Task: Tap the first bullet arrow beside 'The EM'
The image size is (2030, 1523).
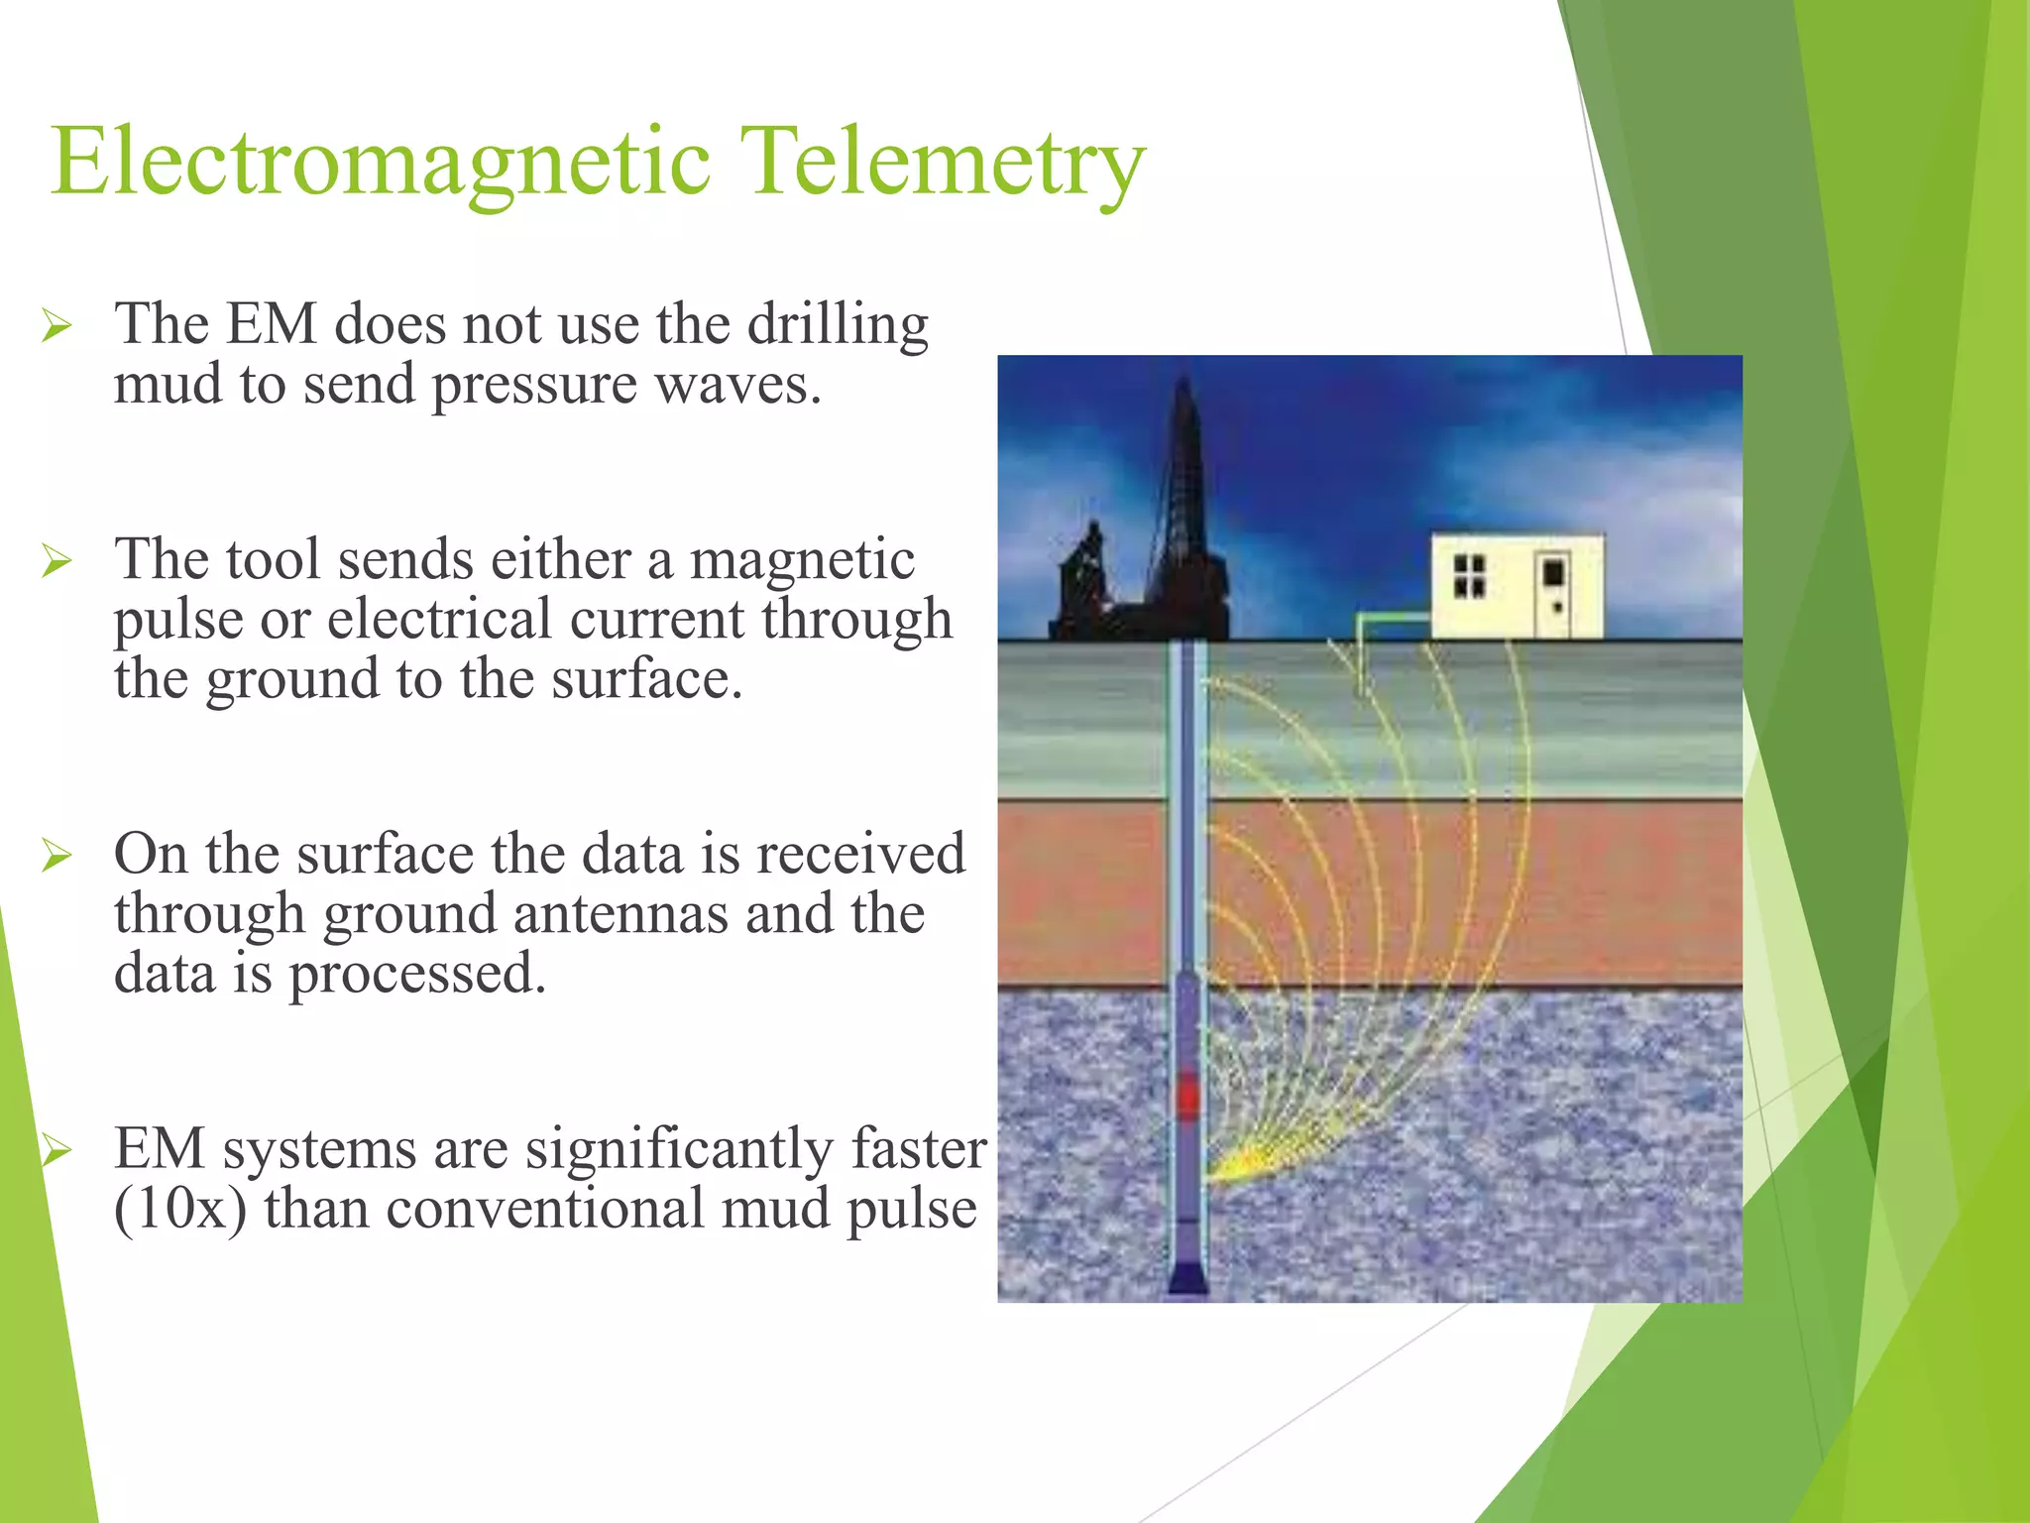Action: [x=56, y=326]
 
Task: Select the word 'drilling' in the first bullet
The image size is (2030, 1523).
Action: [x=838, y=325]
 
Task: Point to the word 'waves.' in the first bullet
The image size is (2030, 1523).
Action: [x=738, y=385]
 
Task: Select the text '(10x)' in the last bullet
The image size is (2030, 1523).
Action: [x=180, y=1210]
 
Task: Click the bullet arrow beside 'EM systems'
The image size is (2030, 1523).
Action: [x=56, y=1151]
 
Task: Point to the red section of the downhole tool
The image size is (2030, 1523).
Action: [x=1186, y=1096]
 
